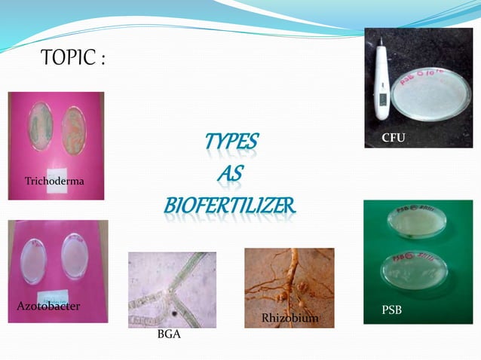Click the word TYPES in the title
pos(230,142)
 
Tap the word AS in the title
pos(229,173)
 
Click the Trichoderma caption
pos(54,182)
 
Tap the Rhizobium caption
pos(289,319)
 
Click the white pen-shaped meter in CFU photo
pos(380,83)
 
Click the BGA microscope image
pos(172,289)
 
